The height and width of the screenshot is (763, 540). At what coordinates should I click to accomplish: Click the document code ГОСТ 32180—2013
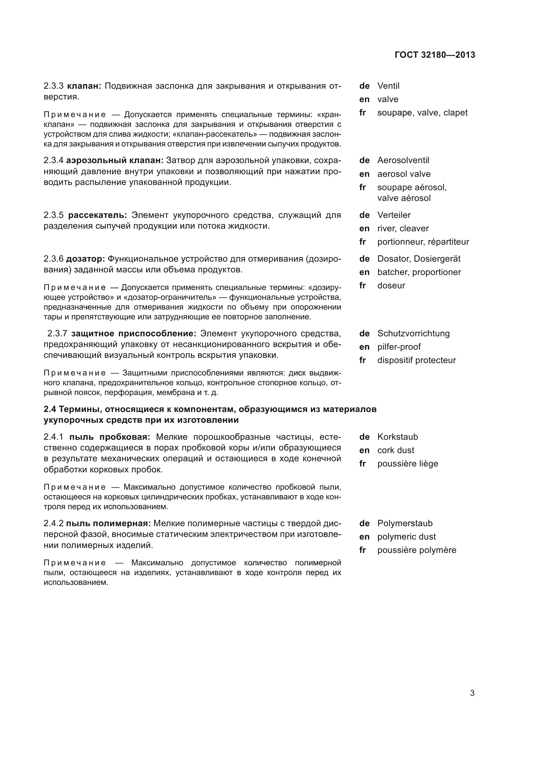click(435, 55)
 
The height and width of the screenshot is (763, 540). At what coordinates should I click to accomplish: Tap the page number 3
click(472, 693)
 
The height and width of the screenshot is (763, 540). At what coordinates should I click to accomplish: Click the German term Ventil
click(388, 86)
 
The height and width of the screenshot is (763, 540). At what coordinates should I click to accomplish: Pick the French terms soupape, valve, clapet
click(422, 113)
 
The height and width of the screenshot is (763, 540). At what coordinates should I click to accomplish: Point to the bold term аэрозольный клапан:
click(115, 160)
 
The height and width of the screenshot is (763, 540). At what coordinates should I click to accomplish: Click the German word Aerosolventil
click(403, 160)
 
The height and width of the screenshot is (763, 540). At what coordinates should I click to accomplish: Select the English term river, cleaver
click(403, 229)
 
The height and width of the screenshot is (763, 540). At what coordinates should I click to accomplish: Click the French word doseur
click(391, 285)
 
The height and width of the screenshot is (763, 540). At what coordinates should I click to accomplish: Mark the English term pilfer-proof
click(399, 347)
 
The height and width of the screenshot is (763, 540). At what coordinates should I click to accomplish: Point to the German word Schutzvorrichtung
click(413, 334)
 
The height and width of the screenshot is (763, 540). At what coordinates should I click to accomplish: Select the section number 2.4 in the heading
click(50, 409)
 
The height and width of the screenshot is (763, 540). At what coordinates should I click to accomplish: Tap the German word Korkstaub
click(397, 437)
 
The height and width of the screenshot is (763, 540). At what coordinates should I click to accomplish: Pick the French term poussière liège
click(407, 464)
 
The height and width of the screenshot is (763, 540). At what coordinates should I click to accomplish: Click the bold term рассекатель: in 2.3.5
click(97, 215)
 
